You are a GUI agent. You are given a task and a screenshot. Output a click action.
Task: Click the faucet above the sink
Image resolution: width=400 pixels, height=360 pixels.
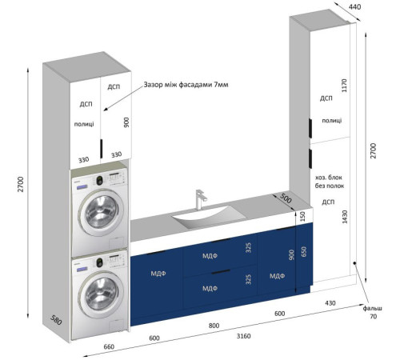tap(200, 199)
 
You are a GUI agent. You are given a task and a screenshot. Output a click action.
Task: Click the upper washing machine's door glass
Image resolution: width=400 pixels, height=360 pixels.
tap(102, 212)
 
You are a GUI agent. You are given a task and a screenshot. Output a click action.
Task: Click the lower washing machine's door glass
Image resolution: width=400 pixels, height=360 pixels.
tap(102, 294)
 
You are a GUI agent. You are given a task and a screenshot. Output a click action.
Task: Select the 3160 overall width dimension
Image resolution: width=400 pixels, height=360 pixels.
tap(244, 336)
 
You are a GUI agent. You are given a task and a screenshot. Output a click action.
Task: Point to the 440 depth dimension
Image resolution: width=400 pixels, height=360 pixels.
tap(354, 6)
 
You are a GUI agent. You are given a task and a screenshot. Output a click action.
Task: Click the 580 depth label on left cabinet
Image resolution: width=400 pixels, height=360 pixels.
tap(56, 320)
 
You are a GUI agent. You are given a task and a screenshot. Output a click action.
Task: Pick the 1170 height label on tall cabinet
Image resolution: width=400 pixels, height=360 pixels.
tap(344, 86)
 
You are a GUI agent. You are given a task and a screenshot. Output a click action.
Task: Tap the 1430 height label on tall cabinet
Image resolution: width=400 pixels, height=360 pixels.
tap(345, 217)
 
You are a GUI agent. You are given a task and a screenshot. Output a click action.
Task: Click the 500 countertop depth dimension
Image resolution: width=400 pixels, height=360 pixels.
tap(286, 198)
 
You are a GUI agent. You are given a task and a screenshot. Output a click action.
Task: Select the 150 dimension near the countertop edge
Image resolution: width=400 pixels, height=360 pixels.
tap(302, 216)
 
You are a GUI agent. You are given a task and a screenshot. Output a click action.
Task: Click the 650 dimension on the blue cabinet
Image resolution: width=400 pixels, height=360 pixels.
tap(304, 252)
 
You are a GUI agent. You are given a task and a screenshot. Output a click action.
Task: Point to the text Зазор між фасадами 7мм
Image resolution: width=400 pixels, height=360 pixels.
tap(186, 85)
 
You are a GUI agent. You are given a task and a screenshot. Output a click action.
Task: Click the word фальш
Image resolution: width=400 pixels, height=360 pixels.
tap(372, 308)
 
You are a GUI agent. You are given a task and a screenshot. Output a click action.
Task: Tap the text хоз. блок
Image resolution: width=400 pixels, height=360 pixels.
tap(329, 178)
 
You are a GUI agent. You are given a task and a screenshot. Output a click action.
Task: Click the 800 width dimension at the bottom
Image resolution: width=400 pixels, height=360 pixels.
tap(214, 326)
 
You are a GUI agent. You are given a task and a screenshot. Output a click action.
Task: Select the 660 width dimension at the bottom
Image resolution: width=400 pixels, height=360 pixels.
tap(109, 346)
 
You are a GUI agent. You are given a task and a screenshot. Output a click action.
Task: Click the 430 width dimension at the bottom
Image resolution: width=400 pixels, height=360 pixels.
tap(330, 303)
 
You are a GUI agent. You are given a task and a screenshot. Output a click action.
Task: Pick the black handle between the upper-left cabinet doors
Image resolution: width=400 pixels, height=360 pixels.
tap(102, 149)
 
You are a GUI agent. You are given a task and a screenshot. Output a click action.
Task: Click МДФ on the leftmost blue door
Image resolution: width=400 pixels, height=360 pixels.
tap(158, 274)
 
